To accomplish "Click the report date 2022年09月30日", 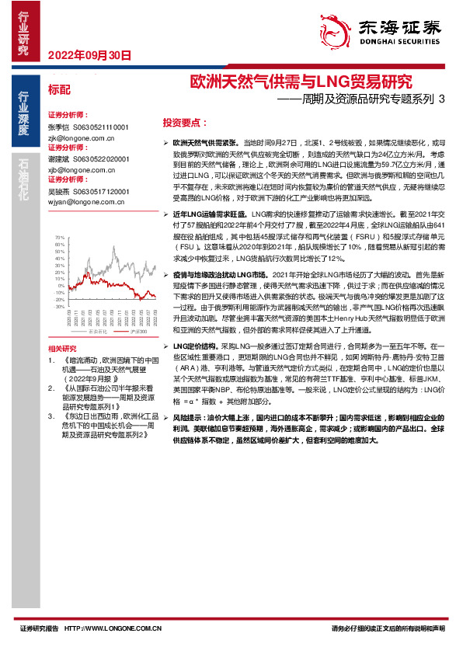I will (89, 55).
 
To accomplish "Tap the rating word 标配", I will (59, 89).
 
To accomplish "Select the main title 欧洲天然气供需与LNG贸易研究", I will (302, 82).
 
